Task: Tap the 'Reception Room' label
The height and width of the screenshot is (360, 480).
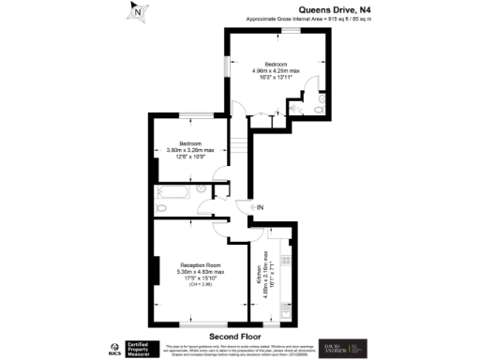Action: click(199, 265)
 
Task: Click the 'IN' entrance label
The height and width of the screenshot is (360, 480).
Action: click(261, 207)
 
